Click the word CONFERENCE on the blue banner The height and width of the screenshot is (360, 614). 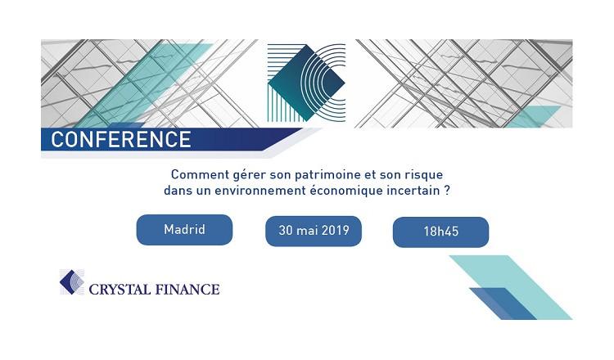click(120, 139)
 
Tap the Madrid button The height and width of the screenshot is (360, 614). click(184, 229)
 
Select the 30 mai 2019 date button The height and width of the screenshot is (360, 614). click(314, 231)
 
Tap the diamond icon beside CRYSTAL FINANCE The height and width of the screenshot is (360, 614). click(72, 282)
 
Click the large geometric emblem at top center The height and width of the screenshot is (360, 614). click(306, 82)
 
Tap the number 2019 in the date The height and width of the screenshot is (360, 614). click(333, 231)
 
